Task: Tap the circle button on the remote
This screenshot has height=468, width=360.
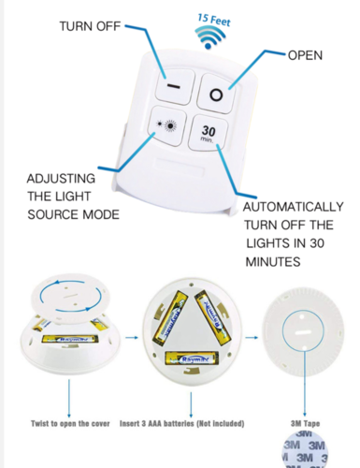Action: pos(214,95)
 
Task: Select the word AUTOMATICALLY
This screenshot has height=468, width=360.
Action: pos(293,207)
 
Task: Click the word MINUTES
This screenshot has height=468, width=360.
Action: pos(272,262)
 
